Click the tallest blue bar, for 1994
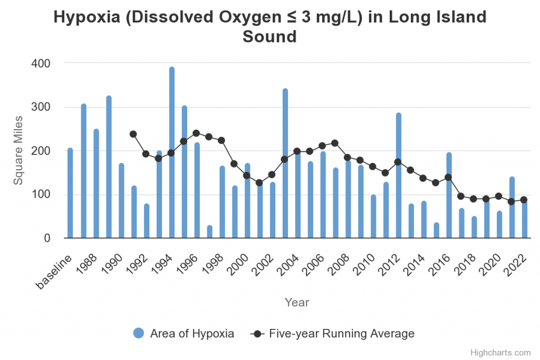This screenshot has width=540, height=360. [x=172, y=153]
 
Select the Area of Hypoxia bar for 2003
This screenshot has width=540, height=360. [x=285, y=163]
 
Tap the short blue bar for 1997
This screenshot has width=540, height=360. [x=209, y=232]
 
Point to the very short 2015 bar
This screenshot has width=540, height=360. [x=437, y=231]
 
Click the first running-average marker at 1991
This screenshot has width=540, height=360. [x=133, y=134]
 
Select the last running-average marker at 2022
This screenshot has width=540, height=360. [x=524, y=200]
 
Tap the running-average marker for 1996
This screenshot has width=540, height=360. [x=196, y=133]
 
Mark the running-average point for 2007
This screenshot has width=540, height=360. [x=335, y=143]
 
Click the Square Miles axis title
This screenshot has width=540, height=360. [x=18, y=151]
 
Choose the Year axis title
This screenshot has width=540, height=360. [x=297, y=303]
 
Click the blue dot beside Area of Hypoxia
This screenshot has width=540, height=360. [x=139, y=333]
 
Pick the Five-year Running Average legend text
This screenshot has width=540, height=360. [x=342, y=333]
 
